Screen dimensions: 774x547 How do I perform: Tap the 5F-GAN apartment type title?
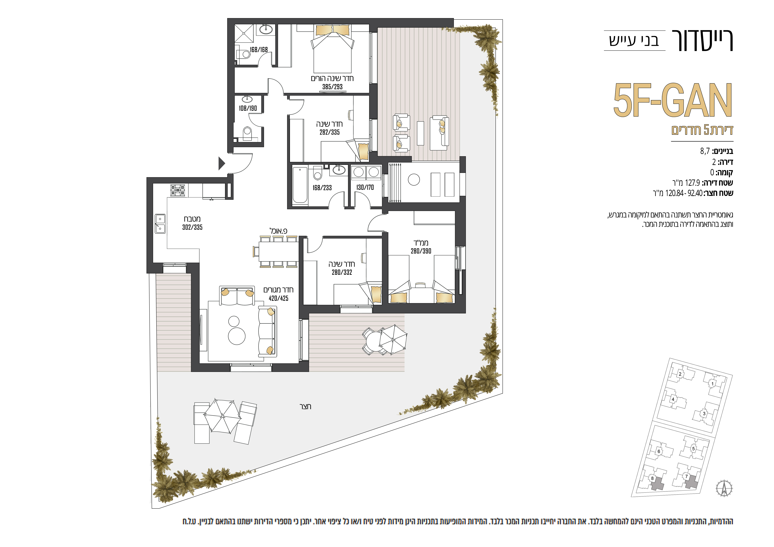point(673,100)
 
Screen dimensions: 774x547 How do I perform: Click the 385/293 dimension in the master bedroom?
point(332,87)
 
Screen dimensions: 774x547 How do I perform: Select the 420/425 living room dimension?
point(278,298)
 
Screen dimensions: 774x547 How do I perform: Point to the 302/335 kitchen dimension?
point(192,227)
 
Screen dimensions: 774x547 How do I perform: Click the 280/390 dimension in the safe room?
point(421,251)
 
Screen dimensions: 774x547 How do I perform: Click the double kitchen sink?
point(160,224)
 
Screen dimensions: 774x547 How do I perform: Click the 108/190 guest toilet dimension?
point(248,108)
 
